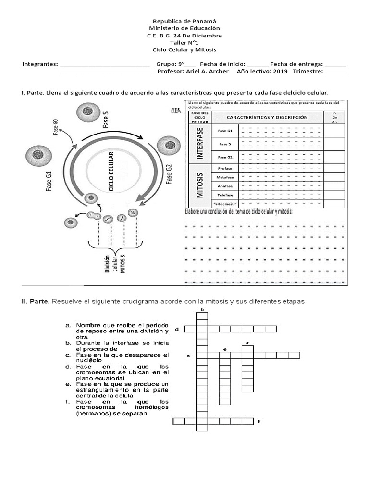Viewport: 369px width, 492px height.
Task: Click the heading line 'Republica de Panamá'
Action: (184, 21)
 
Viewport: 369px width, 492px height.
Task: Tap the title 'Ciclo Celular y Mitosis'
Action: (184, 50)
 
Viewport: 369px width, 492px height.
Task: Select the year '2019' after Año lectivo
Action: (280, 72)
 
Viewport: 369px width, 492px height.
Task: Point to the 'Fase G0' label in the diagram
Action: (56, 126)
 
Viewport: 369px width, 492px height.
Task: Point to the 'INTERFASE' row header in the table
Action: (200, 144)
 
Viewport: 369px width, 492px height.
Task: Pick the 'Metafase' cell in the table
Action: (225, 177)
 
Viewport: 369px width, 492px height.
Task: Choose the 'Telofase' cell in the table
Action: (225, 195)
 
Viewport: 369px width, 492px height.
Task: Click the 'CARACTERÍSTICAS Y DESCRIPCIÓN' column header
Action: (267, 117)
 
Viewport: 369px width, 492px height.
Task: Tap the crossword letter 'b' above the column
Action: (202, 310)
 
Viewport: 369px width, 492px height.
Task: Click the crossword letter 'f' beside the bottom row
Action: (259, 422)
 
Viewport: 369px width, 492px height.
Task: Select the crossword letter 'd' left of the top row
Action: (177, 329)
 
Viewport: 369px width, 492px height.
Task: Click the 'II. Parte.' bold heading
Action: (35, 301)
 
